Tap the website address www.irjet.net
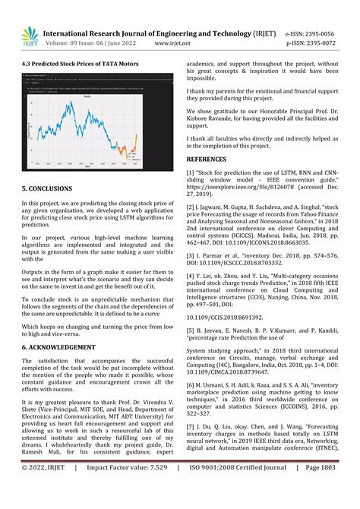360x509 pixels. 172,43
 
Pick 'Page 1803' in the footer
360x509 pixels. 331,491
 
